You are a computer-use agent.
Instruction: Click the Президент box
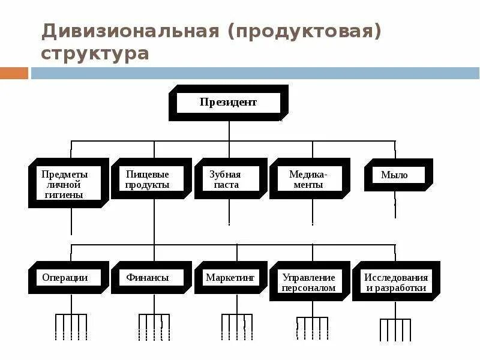228,103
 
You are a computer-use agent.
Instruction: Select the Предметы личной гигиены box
68,183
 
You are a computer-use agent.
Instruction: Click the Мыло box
397,175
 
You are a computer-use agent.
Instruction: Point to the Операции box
68,278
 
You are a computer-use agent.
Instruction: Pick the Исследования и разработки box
396,282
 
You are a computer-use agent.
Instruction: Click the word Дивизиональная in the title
130,31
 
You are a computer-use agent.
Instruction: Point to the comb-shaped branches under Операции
71,327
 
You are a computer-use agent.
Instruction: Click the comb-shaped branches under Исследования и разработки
395,329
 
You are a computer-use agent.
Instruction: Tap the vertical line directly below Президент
229,131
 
